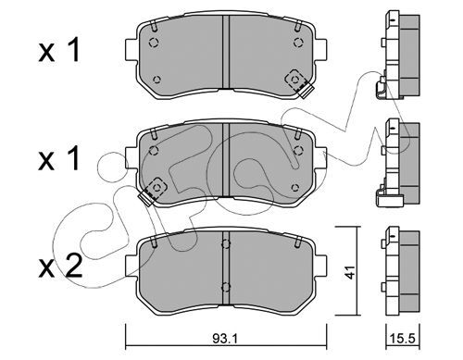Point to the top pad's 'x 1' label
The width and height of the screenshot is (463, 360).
pyautogui.click(x=58, y=50)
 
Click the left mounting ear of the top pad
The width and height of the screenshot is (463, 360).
pyautogui.click(x=131, y=49)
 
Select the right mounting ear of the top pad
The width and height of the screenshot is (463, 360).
pyautogui.click(x=320, y=49)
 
